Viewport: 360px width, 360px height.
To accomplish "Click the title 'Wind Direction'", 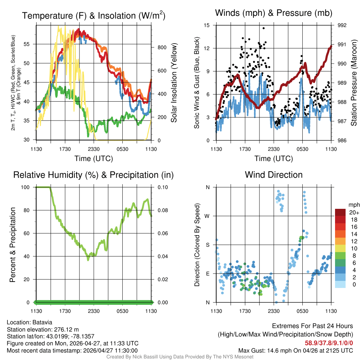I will tap(274, 175).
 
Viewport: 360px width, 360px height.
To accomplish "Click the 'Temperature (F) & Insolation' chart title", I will tap(94, 16).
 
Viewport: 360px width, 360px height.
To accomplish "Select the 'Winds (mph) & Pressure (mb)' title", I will tap(274, 13).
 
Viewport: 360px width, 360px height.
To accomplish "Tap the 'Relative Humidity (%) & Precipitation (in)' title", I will tap(94, 175).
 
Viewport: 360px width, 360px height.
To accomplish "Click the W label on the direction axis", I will tap(207, 216).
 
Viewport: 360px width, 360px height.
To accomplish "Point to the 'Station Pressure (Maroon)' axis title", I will tap(354, 84).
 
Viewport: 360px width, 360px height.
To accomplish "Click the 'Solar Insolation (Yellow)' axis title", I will tap(174, 83).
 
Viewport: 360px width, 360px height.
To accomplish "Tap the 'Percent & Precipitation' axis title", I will tap(12, 245).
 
